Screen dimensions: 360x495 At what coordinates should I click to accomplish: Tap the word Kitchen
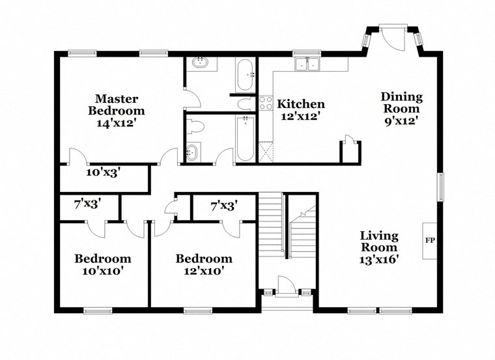click(x=300, y=104)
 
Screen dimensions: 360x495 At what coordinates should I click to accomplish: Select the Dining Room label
click(x=401, y=103)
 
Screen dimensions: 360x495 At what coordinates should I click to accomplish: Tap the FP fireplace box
click(x=430, y=241)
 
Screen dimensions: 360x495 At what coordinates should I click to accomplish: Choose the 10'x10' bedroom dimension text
click(x=102, y=271)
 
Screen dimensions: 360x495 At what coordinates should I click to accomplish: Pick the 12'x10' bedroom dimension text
click(x=204, y=271)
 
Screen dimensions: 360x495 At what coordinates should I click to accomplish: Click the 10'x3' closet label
click(x=103, y=173)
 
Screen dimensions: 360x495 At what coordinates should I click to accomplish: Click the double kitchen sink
click(x=307, y=64)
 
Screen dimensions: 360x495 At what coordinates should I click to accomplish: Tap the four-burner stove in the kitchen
click(x=266, y=103)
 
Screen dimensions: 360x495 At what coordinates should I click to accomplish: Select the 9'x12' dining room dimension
click(x=401, y=120)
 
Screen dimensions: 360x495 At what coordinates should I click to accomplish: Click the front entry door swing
click(x=287, y=286)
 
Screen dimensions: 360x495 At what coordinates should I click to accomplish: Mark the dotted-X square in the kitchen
click(x=265, y=152)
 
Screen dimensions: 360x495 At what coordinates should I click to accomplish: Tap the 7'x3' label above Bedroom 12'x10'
click(x=223, y=206)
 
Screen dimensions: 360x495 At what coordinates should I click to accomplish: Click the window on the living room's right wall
click(x=440, y=187)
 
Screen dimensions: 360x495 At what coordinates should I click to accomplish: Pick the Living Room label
click(x=380, y=242)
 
